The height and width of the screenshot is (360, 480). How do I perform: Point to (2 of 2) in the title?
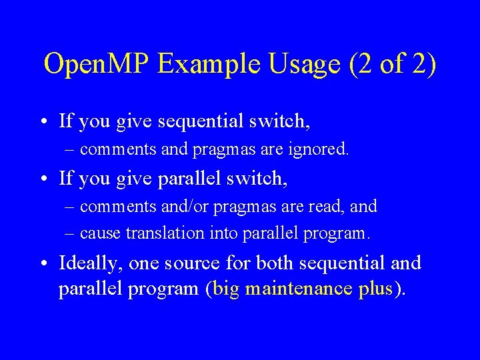pos(391,65)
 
